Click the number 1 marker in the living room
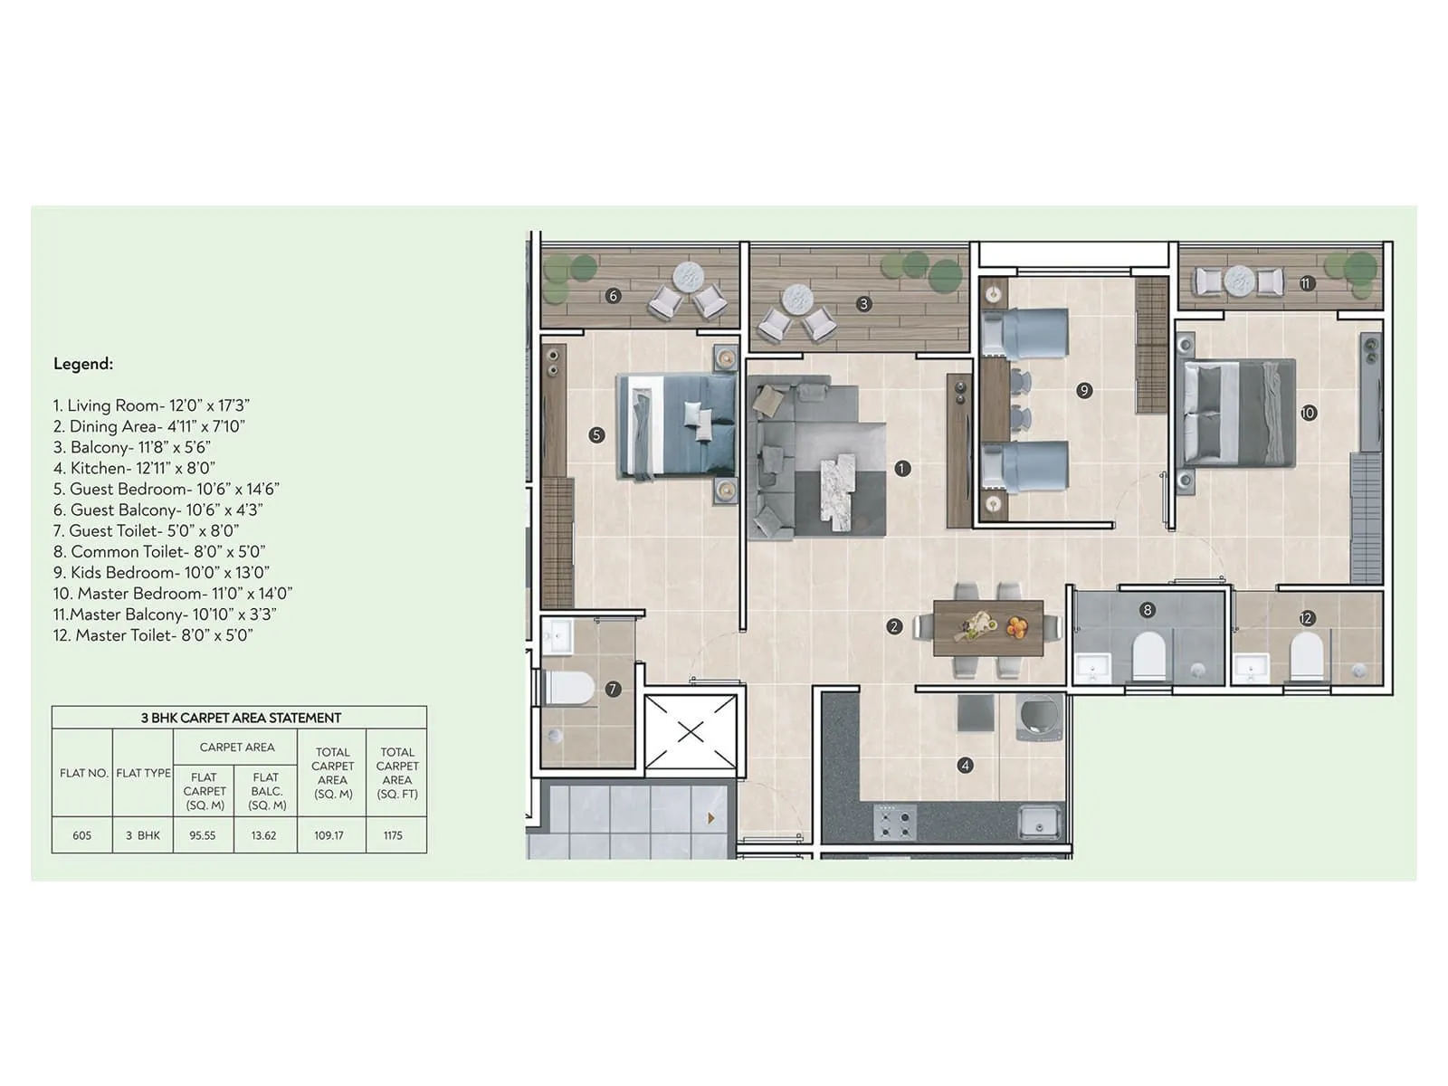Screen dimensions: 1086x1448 point(901,468)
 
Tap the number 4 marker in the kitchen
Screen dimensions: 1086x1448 point(965,766)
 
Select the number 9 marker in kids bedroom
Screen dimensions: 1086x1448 point(1084,390)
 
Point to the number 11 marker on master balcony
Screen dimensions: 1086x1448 point(1305,283)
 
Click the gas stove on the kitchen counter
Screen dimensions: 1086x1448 point(894,823)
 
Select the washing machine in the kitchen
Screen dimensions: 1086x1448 point(1038,718)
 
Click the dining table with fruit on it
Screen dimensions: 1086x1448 point(987,627)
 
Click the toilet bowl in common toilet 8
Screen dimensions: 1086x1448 point(1148,656)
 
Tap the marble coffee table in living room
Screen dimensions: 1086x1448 point(838,489)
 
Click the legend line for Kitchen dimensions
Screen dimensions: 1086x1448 point(134,468)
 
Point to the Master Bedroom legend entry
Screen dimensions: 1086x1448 point(172,594)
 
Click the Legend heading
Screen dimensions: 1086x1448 point(83,364)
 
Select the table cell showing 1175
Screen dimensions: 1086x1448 point(393,835)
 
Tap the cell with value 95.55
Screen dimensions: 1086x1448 point(203,835)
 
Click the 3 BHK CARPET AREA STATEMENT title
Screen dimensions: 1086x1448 point(240,718)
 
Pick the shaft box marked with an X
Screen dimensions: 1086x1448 point(691,731)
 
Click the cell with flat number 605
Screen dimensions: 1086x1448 point(82,835)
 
